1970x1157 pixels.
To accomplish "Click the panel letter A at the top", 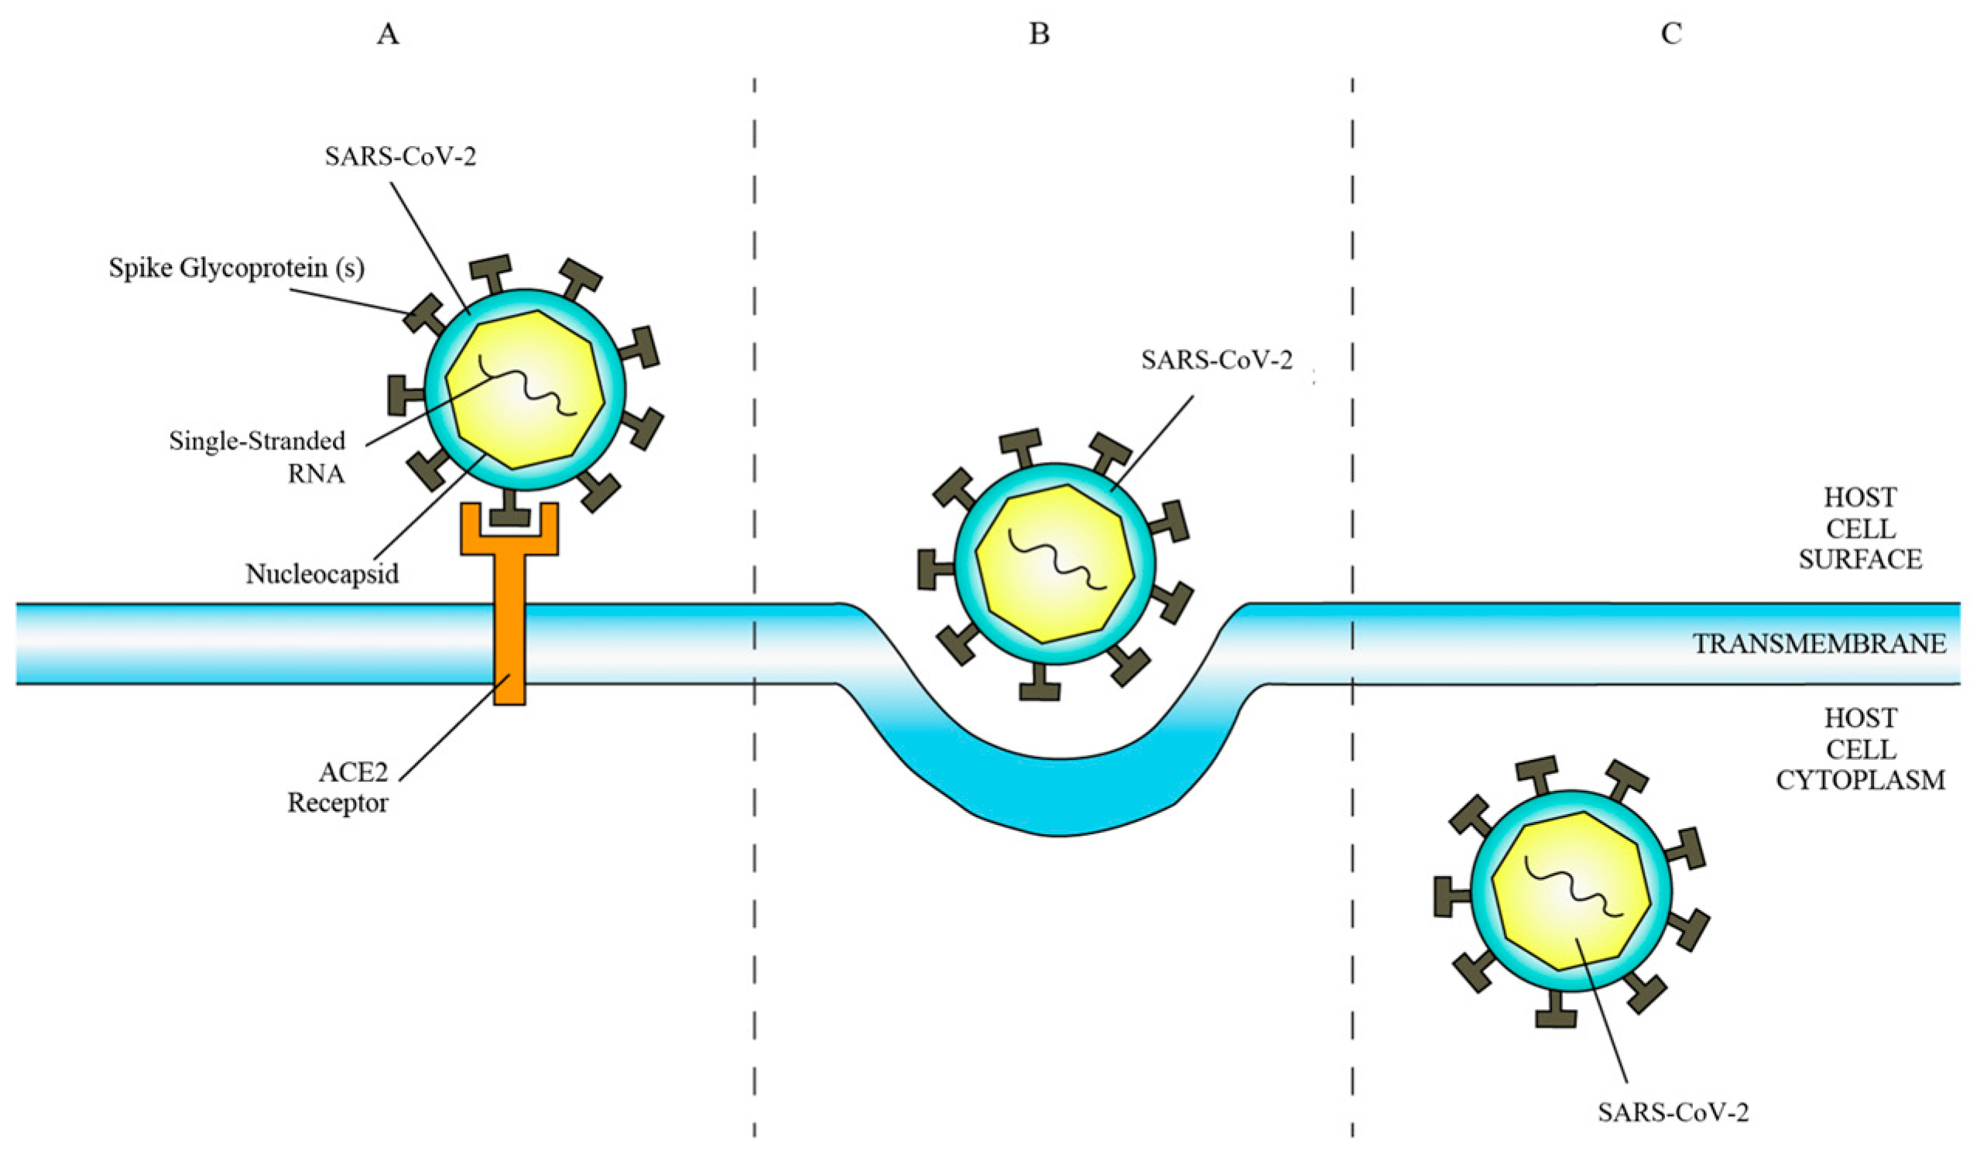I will [389, 35].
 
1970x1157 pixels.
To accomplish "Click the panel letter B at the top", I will [1039, 35].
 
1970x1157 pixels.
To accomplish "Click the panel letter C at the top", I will [1671, 35].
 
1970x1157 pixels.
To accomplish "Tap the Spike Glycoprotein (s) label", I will [237, 269].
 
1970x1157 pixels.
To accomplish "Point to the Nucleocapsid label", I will [322, 574].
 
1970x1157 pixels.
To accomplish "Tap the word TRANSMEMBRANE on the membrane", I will [1819, 643].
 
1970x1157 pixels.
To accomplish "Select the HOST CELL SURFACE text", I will [1860, 529].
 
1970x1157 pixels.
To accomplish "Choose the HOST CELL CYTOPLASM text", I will [1860, 750].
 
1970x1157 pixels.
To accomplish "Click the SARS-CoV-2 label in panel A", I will [401, 157].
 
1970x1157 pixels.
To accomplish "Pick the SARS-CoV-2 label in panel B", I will [1216, 361].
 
